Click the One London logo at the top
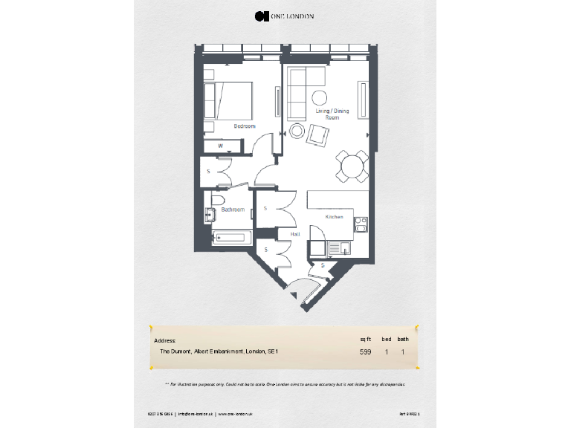[x=285, y=16]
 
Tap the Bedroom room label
[x=245, y=126]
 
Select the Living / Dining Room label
[x=332, y=114]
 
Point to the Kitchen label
[x=334, y=216]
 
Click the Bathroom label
[x=232, y=210]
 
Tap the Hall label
[x=294, y=233]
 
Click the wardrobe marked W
[x=221, y=146]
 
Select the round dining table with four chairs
[x=352, y=166]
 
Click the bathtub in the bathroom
[x=231, y=239]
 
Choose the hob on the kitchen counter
[x=360, y=224]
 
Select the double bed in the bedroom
[x=228, y=100]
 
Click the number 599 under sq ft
[x=365, y=351]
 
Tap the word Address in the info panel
[x=164, y=340]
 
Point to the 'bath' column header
[x=402, y=339]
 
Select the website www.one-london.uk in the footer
[x=236, y=413]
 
